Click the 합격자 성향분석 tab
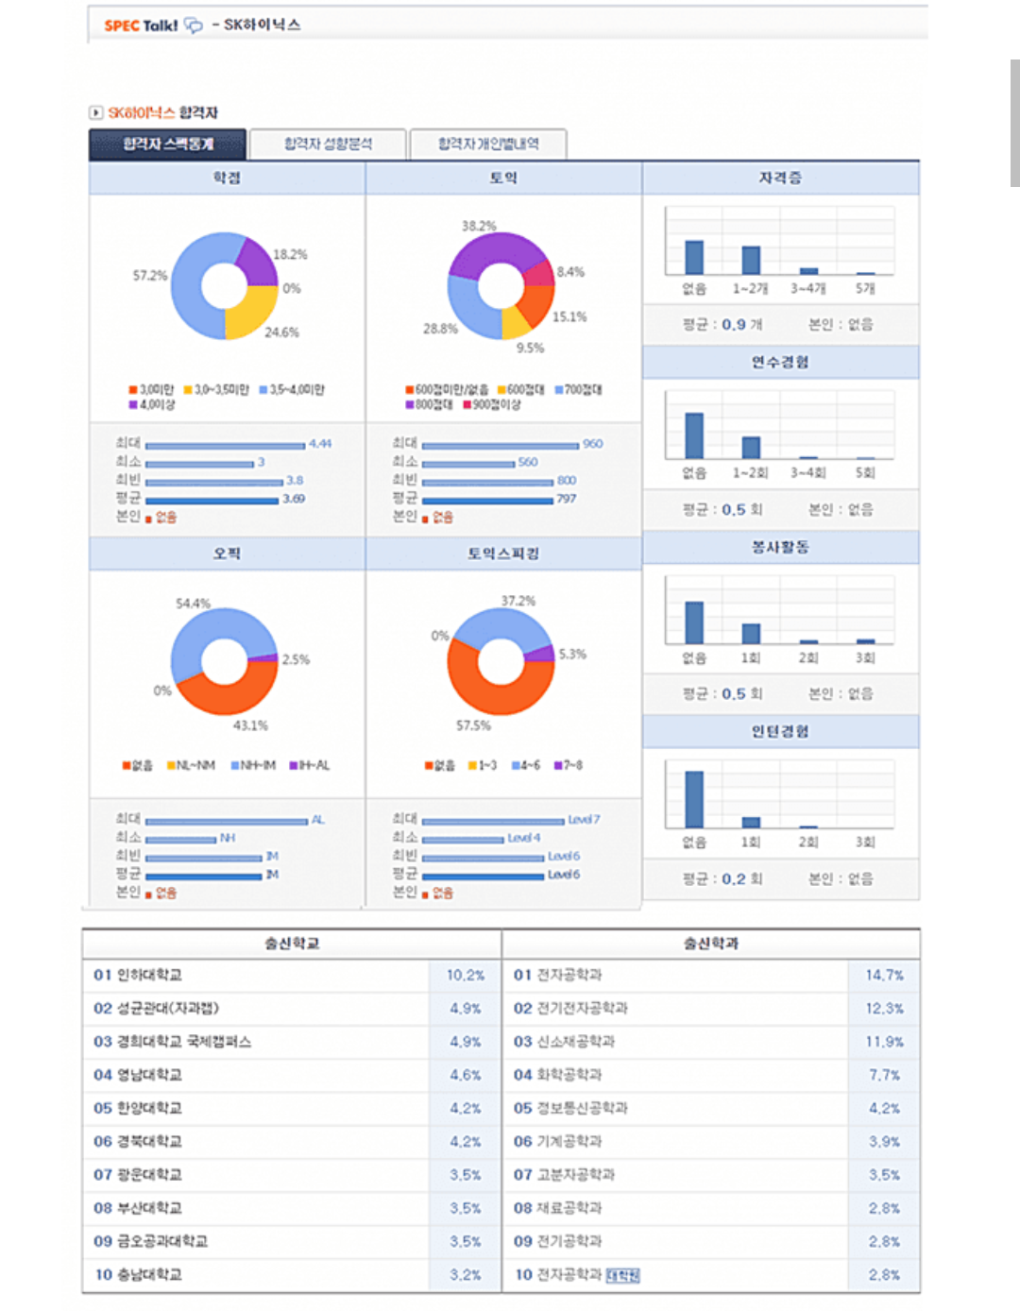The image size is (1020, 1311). click(328, 144)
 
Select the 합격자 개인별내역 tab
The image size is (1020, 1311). click(488, 144)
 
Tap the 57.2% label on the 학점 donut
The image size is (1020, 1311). click(149, 276)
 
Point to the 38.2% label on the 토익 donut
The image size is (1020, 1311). click(479, 226)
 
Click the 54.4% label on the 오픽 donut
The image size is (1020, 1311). click(193, 603)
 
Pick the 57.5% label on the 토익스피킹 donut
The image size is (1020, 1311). click(473, 725)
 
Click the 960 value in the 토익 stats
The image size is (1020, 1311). click(592, 443)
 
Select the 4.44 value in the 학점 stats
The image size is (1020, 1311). click(320, 443)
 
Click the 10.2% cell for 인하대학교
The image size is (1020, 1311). click(466, 975)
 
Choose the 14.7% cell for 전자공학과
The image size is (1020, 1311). click(885, 975)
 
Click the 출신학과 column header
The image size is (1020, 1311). click(711, 944)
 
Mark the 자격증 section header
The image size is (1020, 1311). click(780, 178)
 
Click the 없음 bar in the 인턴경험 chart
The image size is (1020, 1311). click(694, 799)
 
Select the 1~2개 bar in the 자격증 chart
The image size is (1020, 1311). click(751, 260)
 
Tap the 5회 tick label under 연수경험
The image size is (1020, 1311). click(865, 472)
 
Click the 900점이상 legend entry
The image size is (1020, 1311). click(492, 404)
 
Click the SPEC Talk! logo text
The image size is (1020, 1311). click(141, 26)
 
